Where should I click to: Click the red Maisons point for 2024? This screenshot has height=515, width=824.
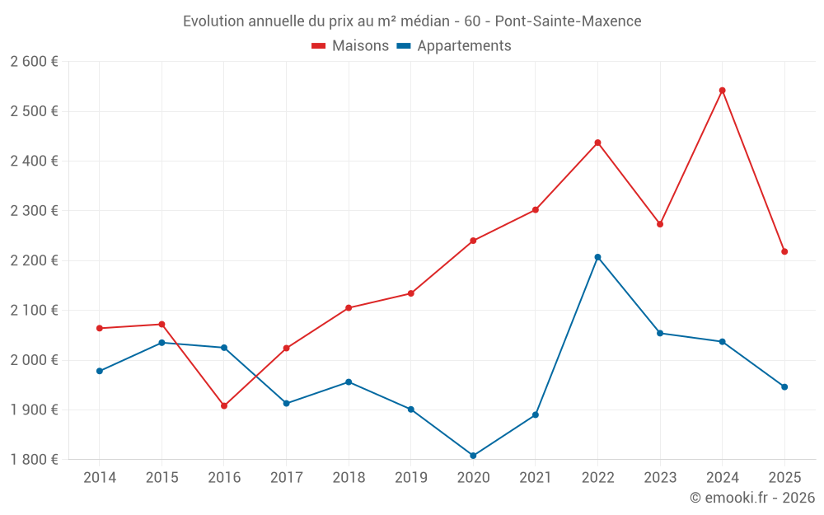click(x=722, y=91)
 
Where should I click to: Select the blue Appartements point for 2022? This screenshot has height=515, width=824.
click(x=597, y=257)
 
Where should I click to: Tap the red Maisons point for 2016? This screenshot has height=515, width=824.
click(x=224, y=405)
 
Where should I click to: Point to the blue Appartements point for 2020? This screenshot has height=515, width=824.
click(x=473, y=456)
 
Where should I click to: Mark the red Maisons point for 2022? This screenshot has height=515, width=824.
click(x=597, y=143)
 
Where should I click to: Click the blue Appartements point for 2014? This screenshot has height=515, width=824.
click(x=100, y=371)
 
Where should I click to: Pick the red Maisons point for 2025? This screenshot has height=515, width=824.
click(x=784, y=251)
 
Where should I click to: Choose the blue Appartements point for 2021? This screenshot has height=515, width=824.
click(x=536, y=414)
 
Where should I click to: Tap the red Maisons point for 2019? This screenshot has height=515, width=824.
click(x=411, y=293)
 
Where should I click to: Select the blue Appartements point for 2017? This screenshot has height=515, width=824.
click(x=287, y=403)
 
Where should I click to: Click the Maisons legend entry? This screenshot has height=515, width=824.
click(x=350, y=46)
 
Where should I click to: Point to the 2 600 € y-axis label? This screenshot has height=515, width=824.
click(x=35, y=62)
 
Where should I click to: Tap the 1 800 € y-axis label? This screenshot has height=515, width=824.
click(x=35, y=460)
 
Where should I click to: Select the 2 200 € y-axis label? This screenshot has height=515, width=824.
click(x=35, y=260)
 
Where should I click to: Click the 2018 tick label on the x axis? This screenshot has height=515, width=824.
click(x=349, y=478)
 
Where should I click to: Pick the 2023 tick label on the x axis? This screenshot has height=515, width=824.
click(x=660, y=478)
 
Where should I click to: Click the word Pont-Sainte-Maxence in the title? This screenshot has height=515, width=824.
click(x=568, y=21)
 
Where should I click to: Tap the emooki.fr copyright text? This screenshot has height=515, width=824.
click(x=752, y=498)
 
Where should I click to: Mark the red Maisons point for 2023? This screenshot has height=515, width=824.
click(x=660, y=224)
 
